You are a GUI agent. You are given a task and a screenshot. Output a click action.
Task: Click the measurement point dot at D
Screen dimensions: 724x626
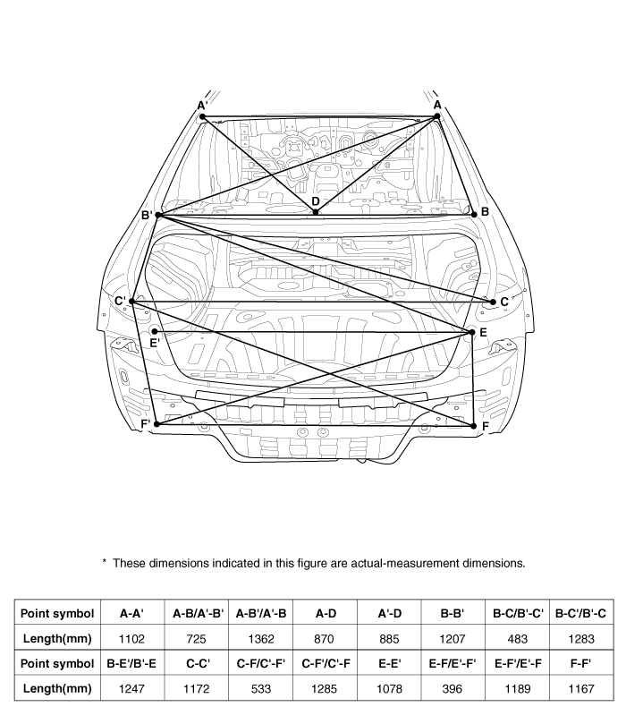(x=316, y=212)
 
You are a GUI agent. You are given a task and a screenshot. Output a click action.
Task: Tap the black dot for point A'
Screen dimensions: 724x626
(x=202, y=117)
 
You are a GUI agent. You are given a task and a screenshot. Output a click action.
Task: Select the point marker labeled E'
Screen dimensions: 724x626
(x=155, y=332)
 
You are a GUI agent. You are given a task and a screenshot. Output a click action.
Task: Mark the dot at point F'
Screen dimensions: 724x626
(x=156, y=424)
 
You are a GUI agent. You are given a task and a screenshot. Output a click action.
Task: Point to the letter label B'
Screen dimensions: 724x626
(x=147, y=215)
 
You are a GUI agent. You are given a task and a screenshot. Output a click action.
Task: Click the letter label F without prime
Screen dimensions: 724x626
(x=485, y=427)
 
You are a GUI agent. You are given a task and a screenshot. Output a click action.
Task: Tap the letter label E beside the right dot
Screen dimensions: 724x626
(x=483, y=333)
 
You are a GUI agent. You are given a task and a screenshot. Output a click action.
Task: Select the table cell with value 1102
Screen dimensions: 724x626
(x=132, y=640)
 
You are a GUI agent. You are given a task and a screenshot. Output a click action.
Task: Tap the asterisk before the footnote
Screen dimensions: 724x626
(x=105, y=562)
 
